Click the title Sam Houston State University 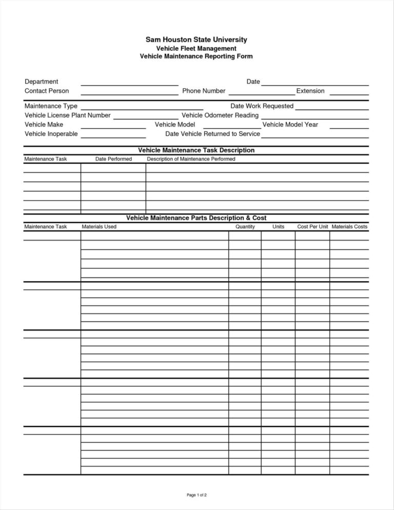(196, 39)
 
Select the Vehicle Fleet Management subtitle (196, 48)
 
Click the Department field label (42, 82)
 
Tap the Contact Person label (47, 91)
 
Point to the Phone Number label (204, 91)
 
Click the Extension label (310, 91)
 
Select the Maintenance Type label (51, 106)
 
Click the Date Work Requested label (262, 106)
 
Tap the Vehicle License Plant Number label (68, 115)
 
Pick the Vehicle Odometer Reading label (220, 115)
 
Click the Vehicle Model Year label (290, 125)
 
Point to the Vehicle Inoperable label (51, 134)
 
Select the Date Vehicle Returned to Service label (212, 134)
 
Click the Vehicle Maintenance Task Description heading (196, 150)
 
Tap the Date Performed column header (113, 159)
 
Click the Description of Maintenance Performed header (191, 159)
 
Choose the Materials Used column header (99, 226)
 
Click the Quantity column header (245, 226)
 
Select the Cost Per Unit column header (312, 226)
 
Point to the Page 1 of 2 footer (196, 495)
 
